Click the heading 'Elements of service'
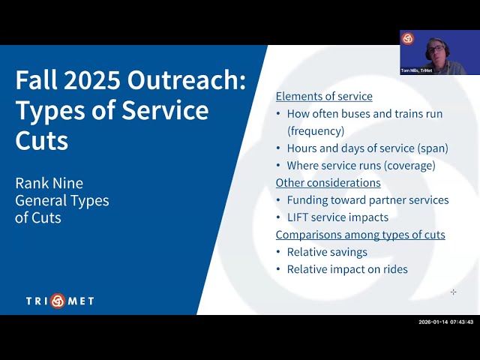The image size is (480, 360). click(324, 97)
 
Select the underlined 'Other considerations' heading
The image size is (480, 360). click(328, 183)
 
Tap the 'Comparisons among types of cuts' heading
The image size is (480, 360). click(360, 235)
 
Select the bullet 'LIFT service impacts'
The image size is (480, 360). click(337, 217)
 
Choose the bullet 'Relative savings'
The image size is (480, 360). click(327, 252)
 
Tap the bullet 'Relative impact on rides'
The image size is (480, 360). click(347, 269)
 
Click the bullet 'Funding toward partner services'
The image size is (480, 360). click(367, 200)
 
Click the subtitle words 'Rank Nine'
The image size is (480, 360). click(49, 184)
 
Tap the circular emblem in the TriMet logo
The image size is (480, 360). click(58, 301)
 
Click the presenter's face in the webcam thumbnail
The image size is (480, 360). click(435, 49)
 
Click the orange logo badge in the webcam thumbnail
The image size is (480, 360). click(407, 38)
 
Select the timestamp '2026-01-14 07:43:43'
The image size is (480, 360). click(445, 322)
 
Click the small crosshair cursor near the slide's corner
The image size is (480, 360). click(453, 292)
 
